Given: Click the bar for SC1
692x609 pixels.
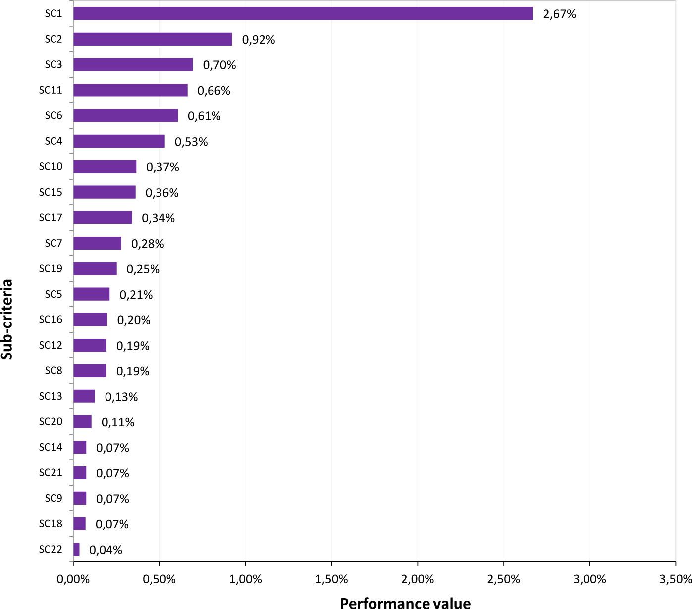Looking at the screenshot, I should [x=303, y=13].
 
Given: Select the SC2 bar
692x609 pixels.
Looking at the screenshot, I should [x=153, y=39].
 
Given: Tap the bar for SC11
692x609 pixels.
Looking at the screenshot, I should [x=130, y=90].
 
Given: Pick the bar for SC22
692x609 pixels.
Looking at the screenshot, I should [x=76, y=549].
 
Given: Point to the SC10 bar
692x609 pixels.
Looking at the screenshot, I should [x=105, y=167].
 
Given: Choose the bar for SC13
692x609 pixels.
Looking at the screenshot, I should [x=84, y=396].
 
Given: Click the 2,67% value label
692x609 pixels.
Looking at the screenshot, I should [x=559, y=14].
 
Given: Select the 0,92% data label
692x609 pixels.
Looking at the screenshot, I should [x=258, y=40].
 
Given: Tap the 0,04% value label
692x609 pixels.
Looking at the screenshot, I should [x=106, y=550].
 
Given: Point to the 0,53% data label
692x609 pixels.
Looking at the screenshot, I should [x=191, y=142].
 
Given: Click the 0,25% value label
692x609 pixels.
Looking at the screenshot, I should [x=143, y=269].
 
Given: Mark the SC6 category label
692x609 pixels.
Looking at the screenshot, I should [x=53, y=115].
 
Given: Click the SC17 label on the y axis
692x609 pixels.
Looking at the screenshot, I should [x=51, y=217].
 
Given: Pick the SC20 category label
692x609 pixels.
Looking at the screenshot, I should [x=51, y=421].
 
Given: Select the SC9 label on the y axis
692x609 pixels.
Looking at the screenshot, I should [x=53, y=498].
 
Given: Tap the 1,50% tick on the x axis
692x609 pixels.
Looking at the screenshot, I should [x=331, y=579].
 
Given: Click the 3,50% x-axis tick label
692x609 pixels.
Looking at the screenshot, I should [x=675, y=579].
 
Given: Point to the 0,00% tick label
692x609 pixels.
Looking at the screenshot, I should [x=73, y=579].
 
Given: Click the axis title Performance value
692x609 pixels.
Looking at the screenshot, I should [x=405, y=603].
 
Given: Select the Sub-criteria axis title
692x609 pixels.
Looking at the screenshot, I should [x=7, y=319].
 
